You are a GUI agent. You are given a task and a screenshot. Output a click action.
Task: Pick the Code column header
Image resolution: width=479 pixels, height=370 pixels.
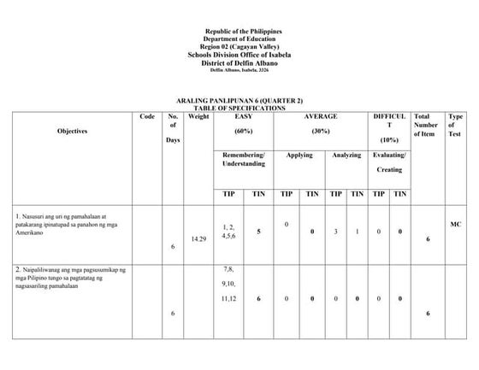[147, 116]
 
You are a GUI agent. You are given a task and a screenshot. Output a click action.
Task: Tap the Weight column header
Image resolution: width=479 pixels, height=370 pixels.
[198, 116]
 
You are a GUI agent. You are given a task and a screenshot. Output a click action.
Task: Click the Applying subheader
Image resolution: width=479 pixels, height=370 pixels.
[299, 155]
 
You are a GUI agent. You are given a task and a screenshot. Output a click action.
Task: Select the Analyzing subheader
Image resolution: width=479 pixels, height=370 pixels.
[346, 155]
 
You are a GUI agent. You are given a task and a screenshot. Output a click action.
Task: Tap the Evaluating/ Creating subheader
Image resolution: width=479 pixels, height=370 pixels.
[389, 162]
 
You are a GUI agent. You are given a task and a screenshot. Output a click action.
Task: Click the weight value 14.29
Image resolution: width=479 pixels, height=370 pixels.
[198, 238]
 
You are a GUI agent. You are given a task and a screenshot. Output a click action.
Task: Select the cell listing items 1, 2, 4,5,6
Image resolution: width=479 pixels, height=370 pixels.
[229, 232]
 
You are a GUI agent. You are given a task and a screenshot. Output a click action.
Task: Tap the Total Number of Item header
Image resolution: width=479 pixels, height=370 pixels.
[426, 125]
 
